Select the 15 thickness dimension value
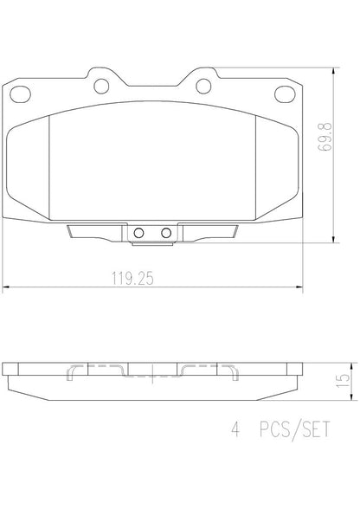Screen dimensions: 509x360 (x=344, y=378)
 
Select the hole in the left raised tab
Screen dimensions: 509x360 (x=100, y=85)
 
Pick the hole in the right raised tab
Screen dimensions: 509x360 (x=205, y=85)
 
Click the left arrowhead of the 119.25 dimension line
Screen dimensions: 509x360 (x=6, y=288)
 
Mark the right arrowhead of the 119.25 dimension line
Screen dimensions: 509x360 (x=299, y=288)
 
